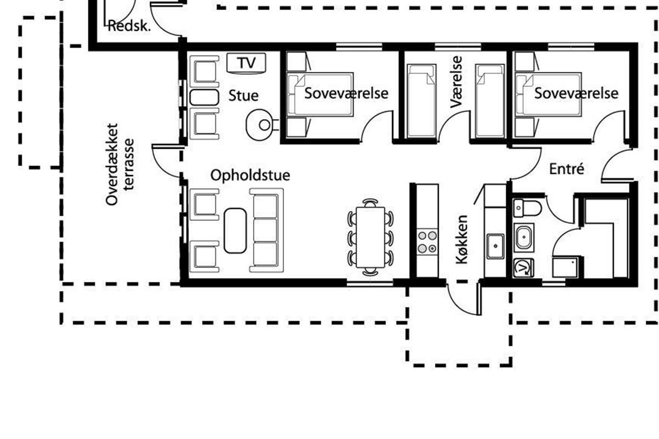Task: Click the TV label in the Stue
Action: tap(247, 63)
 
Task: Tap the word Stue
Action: tap(244, 95)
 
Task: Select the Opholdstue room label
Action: tap(250, 176)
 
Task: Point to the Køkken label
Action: tap(462, 239)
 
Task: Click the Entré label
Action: tap(566, 170)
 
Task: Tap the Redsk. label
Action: tap(130, 26)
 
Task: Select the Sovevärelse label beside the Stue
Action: tap(347, 93)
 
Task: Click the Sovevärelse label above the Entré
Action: tap(576, 93)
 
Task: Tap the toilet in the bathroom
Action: tap(527, 207)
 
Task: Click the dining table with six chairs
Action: tap(371, 237)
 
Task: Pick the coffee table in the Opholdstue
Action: tap(235, 230)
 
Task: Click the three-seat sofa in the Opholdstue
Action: tap(266, 230)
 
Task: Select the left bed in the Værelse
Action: tap(421, 102)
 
